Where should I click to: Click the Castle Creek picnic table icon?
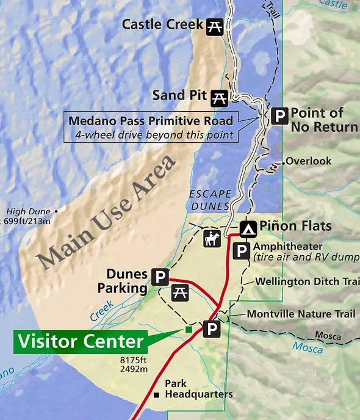(x=214, y=26)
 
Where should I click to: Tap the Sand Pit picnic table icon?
(x=219, y=96)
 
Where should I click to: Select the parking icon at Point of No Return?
(x=279, y=117)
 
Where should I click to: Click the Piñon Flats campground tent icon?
(x=248, y=228)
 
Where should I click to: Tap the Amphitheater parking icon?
(x=259, y=251)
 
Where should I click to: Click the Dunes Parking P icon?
(x=160, y=278)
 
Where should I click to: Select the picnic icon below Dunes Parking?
(x=180, y=292)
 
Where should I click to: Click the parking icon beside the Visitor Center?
(x=212, y=330)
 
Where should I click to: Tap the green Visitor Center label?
(x=80, y=341)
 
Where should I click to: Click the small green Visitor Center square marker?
(x=189, y=330)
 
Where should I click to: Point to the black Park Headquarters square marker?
(x=157, y=394)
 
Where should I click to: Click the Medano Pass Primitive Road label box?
(x=151, y=127)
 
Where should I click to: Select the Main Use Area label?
(x=107, y=211)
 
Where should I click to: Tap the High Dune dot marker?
(x=57, y=211)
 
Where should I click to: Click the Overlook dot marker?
(x=284, y=162)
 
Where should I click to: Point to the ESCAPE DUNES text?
(x=209, y=200)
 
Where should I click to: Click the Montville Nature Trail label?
(x=300, y=314)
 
